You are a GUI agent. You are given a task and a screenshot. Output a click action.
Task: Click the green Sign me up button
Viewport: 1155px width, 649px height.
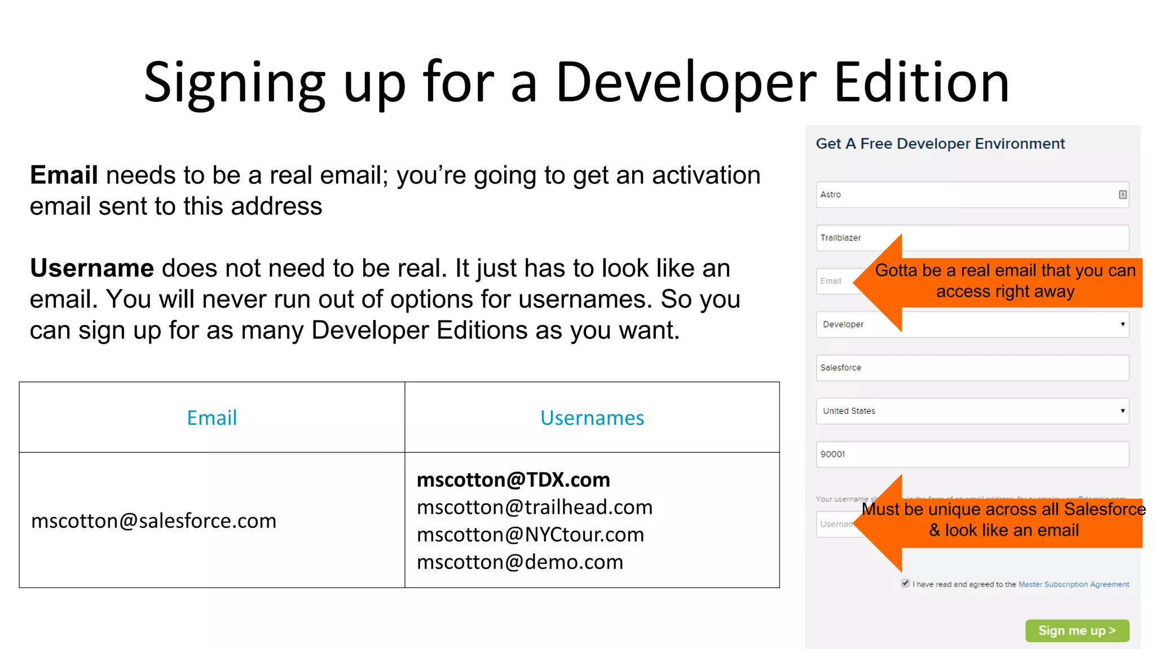[x=1077, y=630]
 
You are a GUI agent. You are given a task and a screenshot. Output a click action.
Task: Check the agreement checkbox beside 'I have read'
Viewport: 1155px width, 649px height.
[x=905, y=584]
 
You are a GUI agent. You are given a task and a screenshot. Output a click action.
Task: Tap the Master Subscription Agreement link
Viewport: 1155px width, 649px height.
[x=1073, y=584]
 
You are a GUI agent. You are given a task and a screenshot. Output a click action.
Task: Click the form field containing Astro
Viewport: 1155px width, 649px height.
[x=964, y=195]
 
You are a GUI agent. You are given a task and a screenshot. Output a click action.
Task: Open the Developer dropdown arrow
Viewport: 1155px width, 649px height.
[x=1122, y=324]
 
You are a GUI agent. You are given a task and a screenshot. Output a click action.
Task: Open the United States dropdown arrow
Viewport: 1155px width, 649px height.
[x=1122, y=411]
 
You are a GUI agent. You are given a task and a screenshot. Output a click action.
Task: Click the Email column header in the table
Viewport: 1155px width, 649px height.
[x=212, y=418]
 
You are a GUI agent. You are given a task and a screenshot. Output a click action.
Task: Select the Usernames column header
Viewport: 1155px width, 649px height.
[x=592, y=418]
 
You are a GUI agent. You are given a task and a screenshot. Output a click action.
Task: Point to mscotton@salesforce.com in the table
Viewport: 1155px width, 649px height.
[x=153, y=521]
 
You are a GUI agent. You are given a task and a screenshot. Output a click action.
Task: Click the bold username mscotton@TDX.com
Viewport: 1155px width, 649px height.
[x=513, y=480]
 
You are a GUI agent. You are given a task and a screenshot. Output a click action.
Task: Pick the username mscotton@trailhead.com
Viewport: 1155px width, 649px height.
[x=534, y=508]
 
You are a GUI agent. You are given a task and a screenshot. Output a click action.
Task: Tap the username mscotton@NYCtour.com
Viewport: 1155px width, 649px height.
[x=530, y=535]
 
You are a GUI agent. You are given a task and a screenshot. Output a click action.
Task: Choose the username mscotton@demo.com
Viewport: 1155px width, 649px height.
[x=519, y=562]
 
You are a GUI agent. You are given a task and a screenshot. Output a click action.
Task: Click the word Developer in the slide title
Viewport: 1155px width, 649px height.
[x=686, y=83]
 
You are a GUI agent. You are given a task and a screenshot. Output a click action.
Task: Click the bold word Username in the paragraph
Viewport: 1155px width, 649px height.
[x=92, y=268]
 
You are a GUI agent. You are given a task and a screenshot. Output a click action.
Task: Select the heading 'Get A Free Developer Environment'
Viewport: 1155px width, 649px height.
[x=940, y=144]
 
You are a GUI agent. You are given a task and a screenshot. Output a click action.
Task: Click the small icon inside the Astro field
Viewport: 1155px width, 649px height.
[x=1122, y=195]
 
